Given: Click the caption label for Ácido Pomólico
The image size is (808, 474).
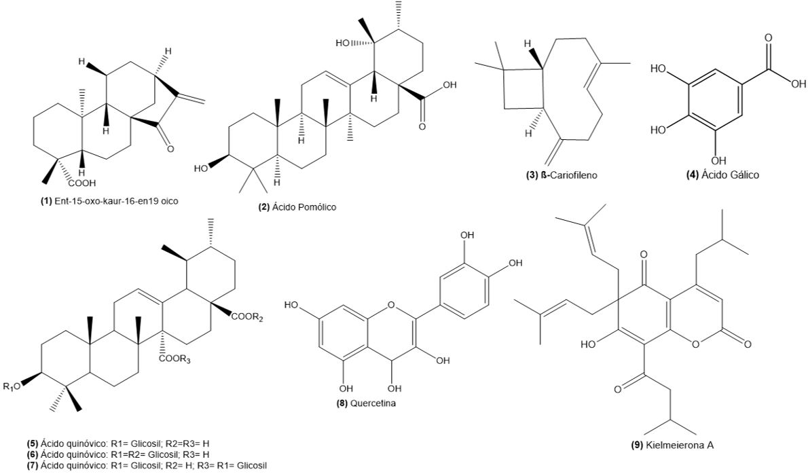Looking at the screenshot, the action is (297, 207).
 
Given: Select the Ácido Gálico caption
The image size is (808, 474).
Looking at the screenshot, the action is (723, 175).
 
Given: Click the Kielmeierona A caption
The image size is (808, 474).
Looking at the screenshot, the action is (672, 445).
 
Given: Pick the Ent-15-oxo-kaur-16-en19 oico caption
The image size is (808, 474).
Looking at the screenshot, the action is (109, 202).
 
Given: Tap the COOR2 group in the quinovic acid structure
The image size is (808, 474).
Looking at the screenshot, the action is (247, 317).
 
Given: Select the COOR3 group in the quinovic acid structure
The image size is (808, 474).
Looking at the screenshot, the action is (175, 360).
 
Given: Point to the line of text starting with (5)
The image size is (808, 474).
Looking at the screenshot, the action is (119, 443).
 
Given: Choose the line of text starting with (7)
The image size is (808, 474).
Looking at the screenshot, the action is (147, 466).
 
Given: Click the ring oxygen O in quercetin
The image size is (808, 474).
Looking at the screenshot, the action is (391, 305).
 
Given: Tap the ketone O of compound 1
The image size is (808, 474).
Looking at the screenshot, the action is (170, 149).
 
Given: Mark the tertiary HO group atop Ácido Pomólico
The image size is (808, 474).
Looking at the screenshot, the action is (343, 43).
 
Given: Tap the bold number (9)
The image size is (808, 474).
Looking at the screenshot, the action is (638, 445).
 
